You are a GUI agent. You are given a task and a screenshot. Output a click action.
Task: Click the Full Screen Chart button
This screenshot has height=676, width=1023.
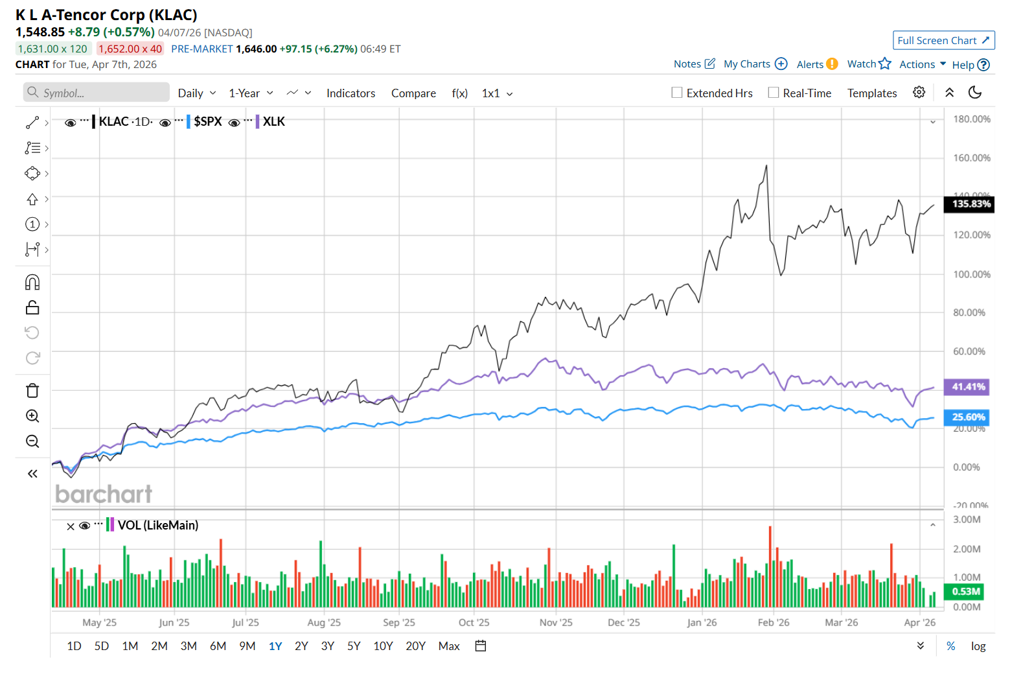click(943, 40)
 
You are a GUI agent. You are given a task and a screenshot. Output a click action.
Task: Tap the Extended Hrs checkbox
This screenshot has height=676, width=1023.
click(677, 93)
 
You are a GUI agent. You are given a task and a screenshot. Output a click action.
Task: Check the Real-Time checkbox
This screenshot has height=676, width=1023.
click(774, 93)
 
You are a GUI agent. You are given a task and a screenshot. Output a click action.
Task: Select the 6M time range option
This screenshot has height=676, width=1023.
click(218, 646)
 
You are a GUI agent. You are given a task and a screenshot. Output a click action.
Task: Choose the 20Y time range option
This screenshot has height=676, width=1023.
click(415, 646)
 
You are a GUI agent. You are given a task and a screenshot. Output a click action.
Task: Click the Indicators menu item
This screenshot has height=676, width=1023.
click(351, 93)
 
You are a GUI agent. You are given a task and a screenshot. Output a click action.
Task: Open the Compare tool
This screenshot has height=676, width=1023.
click(413, 93)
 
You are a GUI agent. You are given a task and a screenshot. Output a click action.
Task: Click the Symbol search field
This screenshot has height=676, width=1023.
click(97, 93)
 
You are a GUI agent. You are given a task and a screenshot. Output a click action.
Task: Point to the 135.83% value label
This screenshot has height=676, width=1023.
click(970, 204)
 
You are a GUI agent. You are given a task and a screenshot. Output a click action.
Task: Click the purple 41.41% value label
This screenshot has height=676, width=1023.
click(968, 387)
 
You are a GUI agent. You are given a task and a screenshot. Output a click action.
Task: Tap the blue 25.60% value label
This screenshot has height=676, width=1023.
click(968, 417)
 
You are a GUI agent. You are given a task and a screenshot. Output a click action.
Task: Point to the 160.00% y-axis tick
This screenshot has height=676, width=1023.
click(971, 158)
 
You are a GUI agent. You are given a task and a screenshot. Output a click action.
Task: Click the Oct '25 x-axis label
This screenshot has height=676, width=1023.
click(474, 623)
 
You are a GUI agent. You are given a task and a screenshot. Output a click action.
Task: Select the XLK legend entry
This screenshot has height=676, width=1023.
click(273, 122)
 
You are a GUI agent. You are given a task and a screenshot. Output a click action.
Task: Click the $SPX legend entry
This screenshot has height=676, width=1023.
click(207, 122)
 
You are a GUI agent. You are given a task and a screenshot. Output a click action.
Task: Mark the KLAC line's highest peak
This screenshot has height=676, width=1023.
click(766, 166)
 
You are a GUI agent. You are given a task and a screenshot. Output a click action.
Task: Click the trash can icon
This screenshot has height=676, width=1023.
click(32, 390)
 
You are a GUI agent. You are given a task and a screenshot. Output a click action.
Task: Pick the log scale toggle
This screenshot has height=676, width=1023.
click(978, 646)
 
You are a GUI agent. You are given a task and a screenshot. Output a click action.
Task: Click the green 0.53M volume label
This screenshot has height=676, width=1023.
click(965, 592)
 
